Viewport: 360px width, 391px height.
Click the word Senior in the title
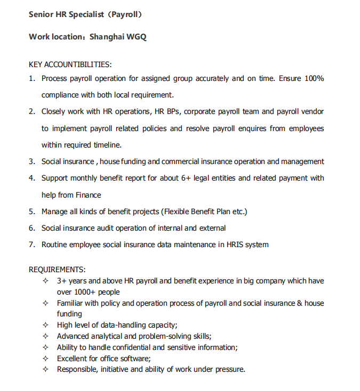click(41, 14)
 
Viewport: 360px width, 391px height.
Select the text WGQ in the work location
click(136, 37)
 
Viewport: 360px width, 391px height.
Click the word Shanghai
click(107, 37)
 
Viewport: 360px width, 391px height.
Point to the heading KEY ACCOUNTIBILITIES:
click(70, 64)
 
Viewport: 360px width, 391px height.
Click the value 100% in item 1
click(314, 78)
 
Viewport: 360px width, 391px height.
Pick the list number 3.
click(31, 161)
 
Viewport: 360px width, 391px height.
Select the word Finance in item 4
click(89, 195)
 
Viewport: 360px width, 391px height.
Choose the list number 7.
click(31, 245)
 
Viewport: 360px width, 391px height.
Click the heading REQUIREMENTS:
click(57, 270)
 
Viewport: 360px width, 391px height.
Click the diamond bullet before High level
click(46, 325)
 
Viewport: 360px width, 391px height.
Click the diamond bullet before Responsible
click(46, 369)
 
